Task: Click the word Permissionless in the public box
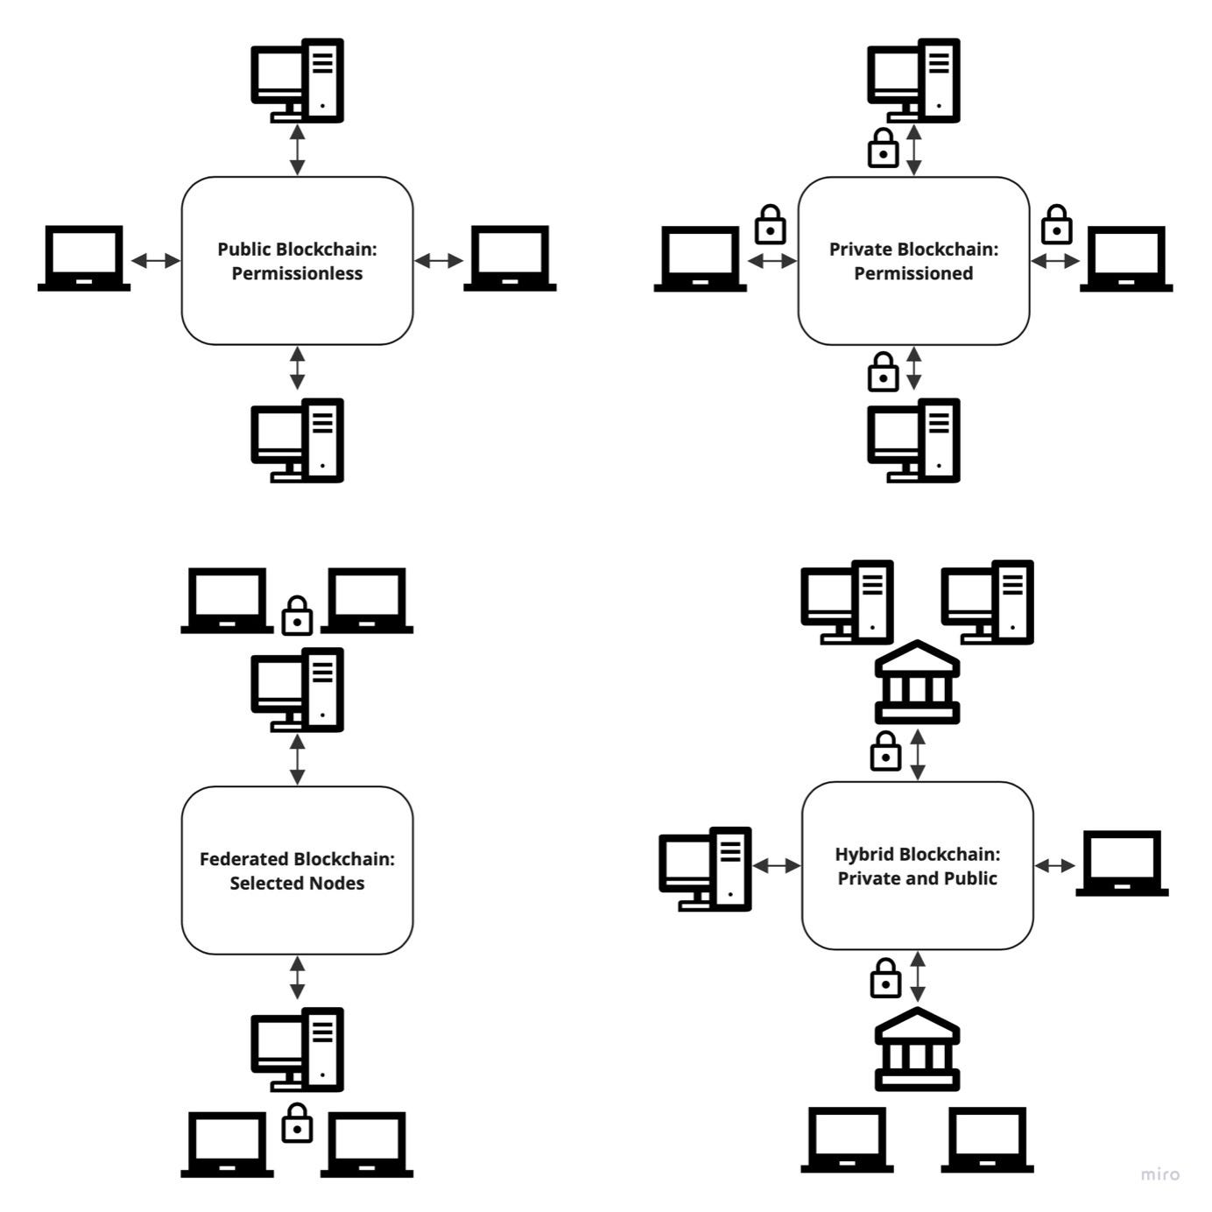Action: tap(297, 273)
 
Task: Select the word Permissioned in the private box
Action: tap(913, 273)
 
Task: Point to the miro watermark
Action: tap(1159, 1173)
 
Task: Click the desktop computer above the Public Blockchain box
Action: tap(298, 81)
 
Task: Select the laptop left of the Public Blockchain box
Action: tap(84, 258)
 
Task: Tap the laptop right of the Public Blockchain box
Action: tap(510, 258)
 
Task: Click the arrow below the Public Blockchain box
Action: tap(298, 368)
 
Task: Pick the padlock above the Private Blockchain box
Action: tap(883, 149)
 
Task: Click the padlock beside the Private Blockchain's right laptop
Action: tap(1057, 226)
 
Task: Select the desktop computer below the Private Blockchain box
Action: tap(913, 440)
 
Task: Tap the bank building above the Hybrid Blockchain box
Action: tap(917, 683)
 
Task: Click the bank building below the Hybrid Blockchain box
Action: tap(917, 1049)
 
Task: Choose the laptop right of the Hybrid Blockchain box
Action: tap(1122, 863)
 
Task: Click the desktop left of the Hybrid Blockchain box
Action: tap(705, 869)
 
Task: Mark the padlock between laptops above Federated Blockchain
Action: tap(298, 617)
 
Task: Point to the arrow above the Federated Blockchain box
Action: tap(298, 759)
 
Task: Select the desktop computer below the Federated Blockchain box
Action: tap(298, 1049)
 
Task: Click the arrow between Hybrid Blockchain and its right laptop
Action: tap(1054, 865)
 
